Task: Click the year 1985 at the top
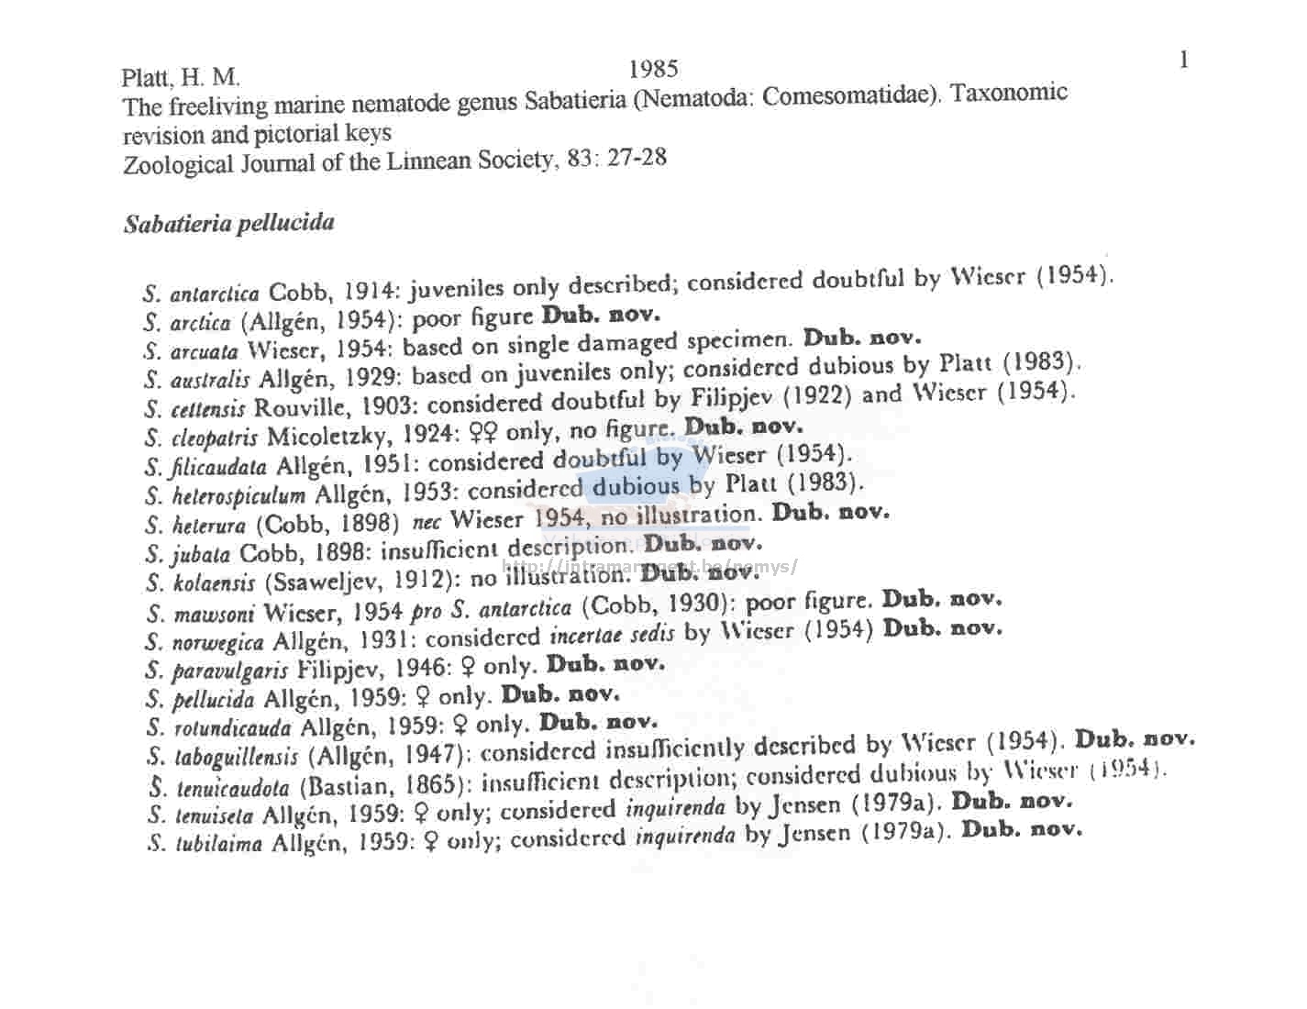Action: [653, 69]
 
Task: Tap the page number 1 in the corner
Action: [1183, 61]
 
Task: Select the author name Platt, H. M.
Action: [181, 78]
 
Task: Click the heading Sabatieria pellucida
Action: [228, 223]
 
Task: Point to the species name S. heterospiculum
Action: [225, 496]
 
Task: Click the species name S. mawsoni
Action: [200, 614]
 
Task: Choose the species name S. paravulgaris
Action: [216, 671]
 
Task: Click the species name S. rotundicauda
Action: [218, 729]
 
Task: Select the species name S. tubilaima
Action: [204, 844]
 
